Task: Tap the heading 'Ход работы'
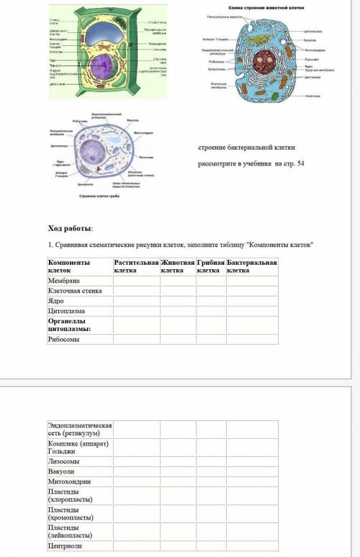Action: tap(70, 228)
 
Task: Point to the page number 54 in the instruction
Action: tap(300, 164)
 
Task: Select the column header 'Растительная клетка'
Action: tap(135, 266)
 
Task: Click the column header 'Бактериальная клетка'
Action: tap(252, 266)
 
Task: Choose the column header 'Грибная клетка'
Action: tap(211, 266)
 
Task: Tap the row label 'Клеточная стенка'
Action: tap(74, 291)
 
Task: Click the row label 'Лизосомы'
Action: tap(63, 461)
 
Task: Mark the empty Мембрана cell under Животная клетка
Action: tap(177, 280)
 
